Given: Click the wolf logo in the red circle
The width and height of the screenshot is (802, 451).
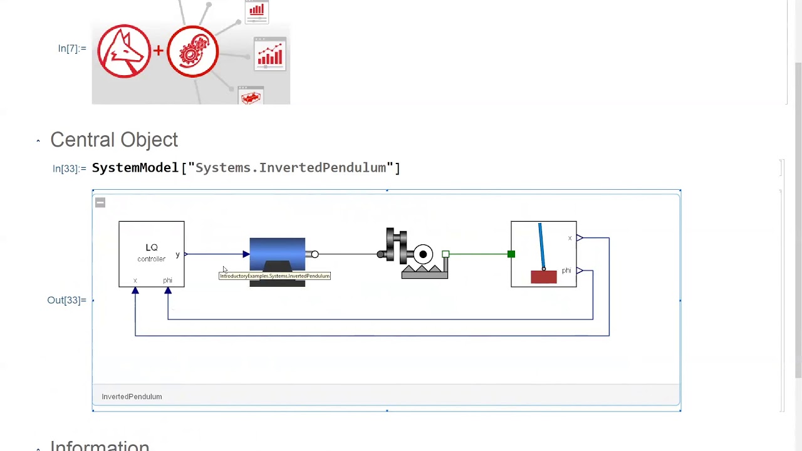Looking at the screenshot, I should [124, 51].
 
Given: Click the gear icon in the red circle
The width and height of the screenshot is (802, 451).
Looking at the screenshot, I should [192, 51].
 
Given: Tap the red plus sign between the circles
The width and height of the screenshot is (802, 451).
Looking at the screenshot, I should [159, 50].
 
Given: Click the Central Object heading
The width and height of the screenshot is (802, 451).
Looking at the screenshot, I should [114, 140].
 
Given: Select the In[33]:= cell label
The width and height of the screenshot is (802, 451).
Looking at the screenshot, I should [69, 168].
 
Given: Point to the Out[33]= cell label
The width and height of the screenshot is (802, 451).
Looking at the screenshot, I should [66, 300].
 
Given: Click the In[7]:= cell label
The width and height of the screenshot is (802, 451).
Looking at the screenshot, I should [72, 48].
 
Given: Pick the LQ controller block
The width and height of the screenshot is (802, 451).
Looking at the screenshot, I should [152, 254].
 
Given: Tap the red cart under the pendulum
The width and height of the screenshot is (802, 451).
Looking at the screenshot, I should [543, 277].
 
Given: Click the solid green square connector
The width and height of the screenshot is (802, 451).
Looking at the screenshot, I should [511, 254].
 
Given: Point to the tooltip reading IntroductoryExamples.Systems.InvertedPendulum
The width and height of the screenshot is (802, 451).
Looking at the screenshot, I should [274, 276].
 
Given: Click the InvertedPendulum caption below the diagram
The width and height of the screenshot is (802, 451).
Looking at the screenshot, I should [132, 397].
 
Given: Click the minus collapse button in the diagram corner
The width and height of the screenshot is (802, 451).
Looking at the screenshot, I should [100, 202].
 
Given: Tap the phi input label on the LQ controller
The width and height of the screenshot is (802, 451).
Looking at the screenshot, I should [167, 280].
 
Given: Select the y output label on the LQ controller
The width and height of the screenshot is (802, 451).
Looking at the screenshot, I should [177, 254].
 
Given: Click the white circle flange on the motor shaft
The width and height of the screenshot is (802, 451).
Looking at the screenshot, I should [315, 254].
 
